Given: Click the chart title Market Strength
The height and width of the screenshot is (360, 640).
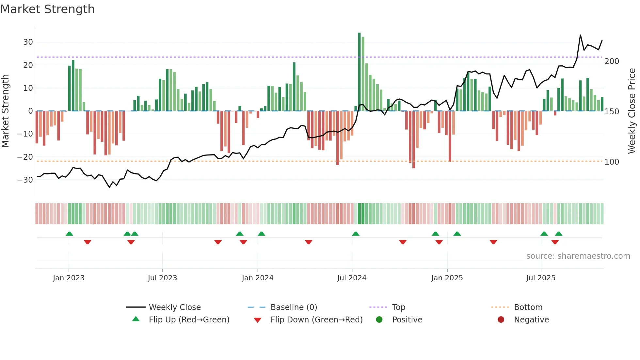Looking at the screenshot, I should [47, 9].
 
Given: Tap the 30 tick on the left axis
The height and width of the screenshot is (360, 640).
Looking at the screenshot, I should [28, 42].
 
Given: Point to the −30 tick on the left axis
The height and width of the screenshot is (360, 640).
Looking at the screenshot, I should [25, 180].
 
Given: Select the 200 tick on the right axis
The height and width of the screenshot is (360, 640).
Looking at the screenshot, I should [612, 61].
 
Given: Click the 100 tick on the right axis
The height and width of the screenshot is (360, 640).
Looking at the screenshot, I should [612, 162].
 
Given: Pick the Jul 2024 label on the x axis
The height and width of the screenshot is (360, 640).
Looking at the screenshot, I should [352, 278].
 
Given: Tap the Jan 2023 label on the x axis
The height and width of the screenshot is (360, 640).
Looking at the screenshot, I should [69, 278].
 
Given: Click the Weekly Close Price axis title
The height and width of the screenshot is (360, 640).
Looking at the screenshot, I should [632, 111].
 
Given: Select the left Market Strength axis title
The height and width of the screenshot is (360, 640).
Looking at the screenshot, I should [5, 111].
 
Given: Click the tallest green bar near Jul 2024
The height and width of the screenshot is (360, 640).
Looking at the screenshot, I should [359, 72].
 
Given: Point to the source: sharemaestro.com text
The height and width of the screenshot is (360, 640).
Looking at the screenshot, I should [578, 256].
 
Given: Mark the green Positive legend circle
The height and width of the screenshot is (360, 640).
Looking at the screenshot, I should [379, 320].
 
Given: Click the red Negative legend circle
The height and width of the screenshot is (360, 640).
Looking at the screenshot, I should [501, 320].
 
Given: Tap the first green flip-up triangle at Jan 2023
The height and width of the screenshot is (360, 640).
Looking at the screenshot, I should [69, 234].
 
